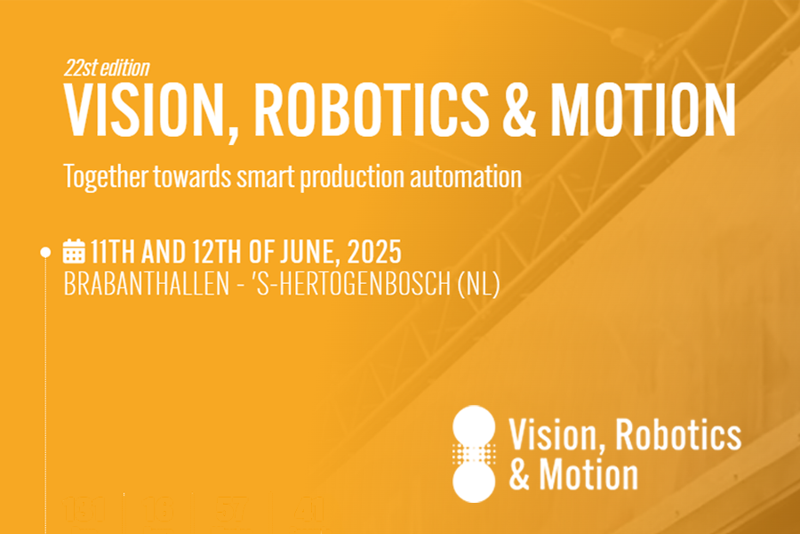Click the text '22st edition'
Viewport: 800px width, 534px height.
(107, 68)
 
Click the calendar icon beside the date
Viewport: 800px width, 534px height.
(73, 251)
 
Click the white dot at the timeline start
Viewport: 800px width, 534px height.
(46, 252)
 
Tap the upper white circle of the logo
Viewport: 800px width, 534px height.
(473, 425)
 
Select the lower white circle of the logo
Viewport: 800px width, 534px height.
(473, 481)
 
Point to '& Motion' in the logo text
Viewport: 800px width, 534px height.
(573, 474)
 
